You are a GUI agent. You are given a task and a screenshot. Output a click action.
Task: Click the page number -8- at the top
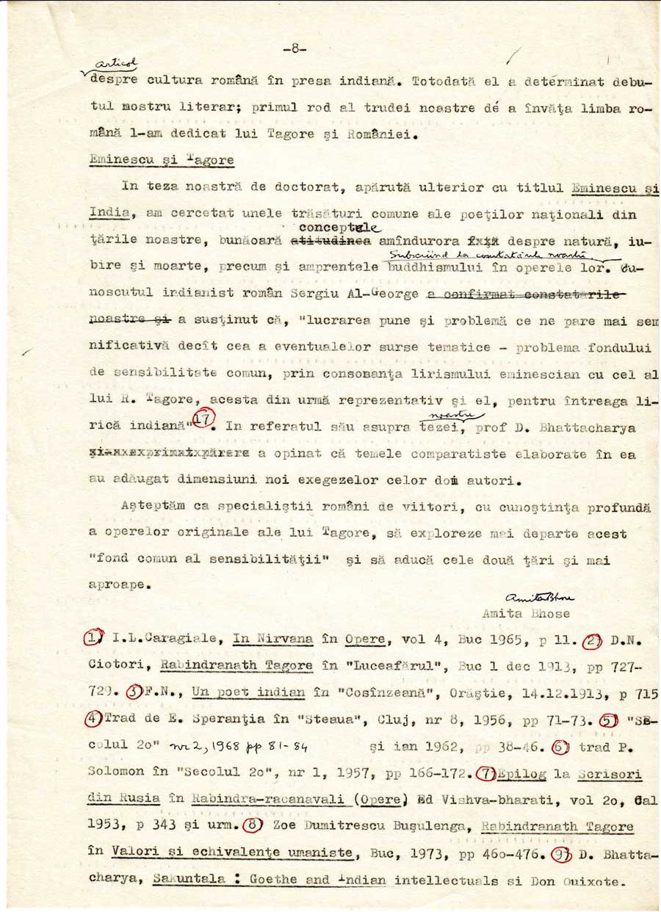click(x=293, y=49)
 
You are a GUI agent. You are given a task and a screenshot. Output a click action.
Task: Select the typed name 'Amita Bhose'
click(x=526, y=614)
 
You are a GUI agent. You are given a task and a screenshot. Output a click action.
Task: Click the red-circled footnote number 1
click(x=93, y=640)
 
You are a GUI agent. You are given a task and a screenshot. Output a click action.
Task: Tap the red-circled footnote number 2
click(x=592, y=640)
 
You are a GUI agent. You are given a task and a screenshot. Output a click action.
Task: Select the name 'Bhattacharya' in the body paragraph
click(x=610, y=427)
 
